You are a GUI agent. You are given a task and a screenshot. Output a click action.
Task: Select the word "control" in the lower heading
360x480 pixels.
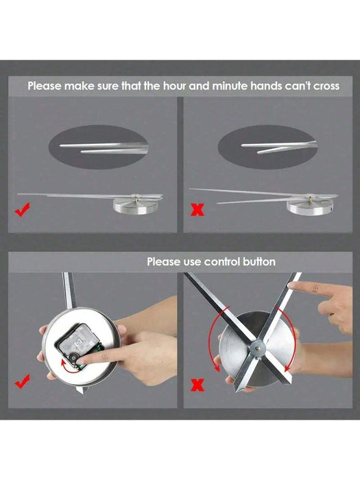(212, 261)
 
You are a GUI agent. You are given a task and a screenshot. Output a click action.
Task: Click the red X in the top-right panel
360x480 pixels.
(197, 208)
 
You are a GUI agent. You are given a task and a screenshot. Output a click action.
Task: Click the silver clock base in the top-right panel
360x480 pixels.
(309, 204)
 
